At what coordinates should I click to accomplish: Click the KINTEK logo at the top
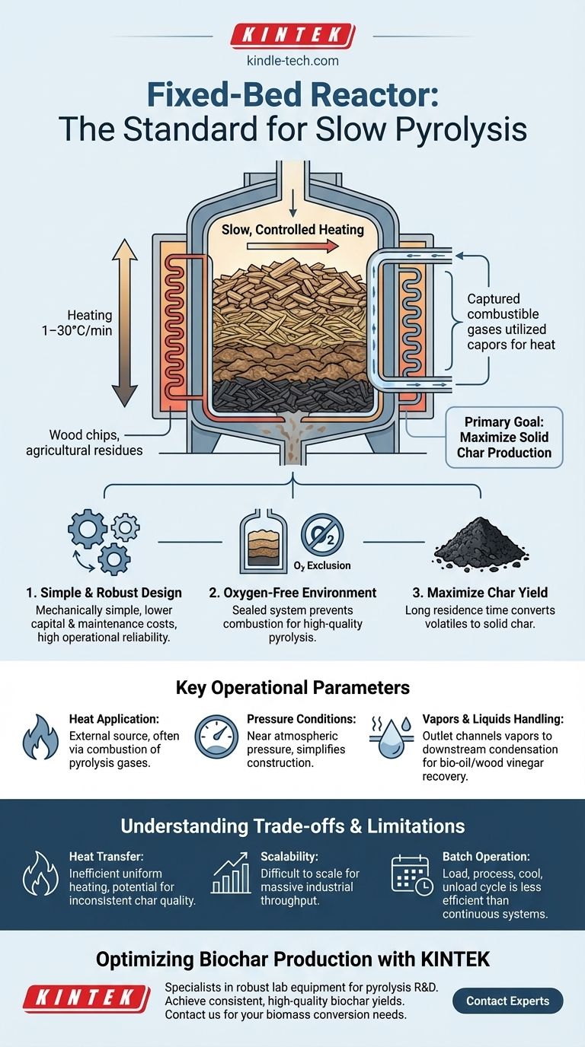pos(292,36)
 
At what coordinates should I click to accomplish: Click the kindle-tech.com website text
pos(292,61)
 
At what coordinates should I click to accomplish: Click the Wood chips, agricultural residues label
pos(95,442)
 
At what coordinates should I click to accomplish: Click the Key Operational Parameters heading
pos(292,688)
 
